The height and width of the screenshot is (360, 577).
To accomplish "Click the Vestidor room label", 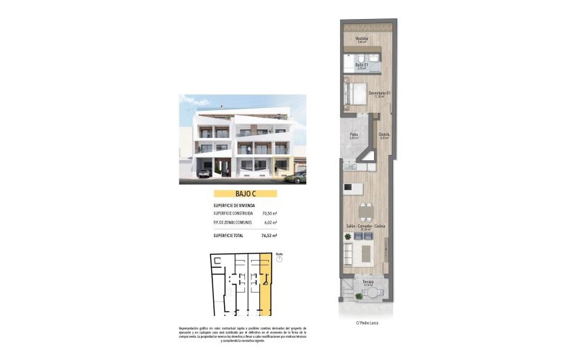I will click(362, 39).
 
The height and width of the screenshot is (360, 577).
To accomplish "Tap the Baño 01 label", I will click(361, 65).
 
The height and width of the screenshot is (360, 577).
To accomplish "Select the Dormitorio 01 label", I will click(379, 92).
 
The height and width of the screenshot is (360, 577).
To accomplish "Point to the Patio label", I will click(354, 134).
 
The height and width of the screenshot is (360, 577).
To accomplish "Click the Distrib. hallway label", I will click(384, 134).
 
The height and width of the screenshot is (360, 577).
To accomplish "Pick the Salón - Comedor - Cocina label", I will click(365, 226).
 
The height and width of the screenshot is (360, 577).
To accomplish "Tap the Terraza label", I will click(368, 281).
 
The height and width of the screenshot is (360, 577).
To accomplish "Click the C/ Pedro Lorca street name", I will click(367, 323).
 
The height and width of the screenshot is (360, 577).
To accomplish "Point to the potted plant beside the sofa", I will click(348, 236).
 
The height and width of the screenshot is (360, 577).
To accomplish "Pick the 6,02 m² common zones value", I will click(269, 222).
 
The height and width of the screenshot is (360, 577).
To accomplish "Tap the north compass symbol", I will click(279, 258).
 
